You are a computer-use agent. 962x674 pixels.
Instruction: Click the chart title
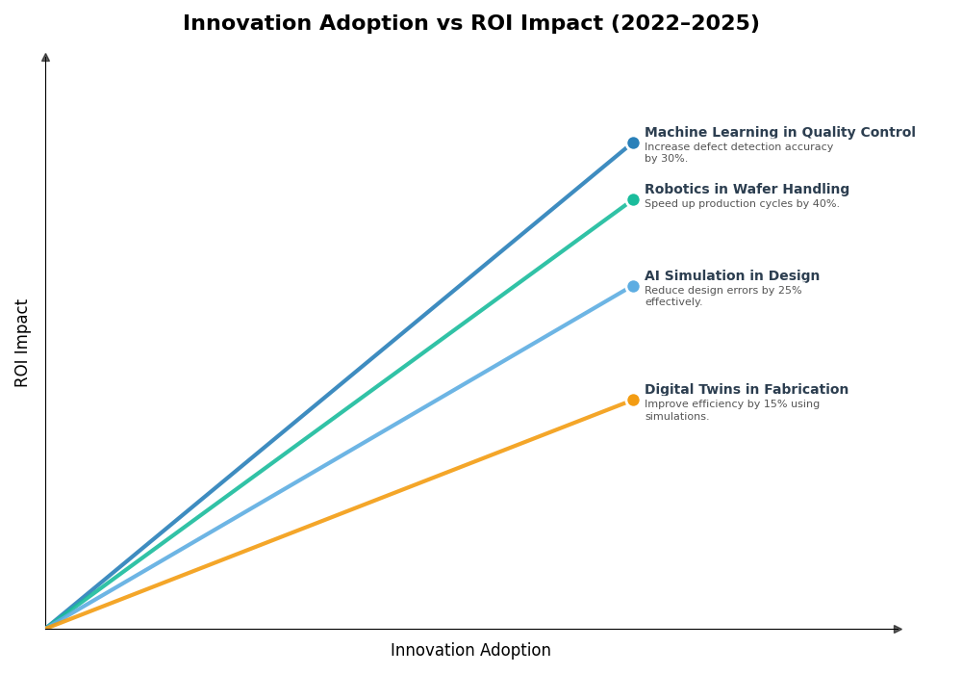tap(470, 24)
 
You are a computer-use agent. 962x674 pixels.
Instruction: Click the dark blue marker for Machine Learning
tap(633, 143)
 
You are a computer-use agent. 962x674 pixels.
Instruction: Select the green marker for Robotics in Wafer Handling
tap(633, 200)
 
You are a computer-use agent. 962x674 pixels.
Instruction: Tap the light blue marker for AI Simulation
tap(633, 287)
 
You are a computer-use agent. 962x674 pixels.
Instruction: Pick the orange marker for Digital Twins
tap(633, 401)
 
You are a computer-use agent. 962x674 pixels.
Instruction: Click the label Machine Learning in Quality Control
tap(779, 133)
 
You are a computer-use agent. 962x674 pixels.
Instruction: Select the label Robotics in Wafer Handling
tap(747, 190)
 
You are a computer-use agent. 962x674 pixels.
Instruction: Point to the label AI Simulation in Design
tap(731, 276)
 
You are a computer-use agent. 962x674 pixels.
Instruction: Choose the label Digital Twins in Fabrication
tap(746, 390)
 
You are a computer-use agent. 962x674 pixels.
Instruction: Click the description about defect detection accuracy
tap(738, 153)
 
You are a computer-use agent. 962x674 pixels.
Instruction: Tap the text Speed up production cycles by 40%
tap(741, 204)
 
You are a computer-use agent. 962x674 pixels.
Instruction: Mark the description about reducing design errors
tap(722, 297)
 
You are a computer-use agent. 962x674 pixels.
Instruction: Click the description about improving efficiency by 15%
tap(731, 410)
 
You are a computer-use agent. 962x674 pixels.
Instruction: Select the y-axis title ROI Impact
tap(22, 343)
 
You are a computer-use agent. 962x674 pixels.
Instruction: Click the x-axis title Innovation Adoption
tap(470, 651)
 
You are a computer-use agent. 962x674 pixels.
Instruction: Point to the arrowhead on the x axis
tap(898, 630)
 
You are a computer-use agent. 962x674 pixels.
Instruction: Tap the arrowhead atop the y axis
tap(45, 58)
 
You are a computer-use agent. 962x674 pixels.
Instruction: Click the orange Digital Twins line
tap(337, 514)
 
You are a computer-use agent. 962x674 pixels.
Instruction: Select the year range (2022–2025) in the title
tap(685, 24)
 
